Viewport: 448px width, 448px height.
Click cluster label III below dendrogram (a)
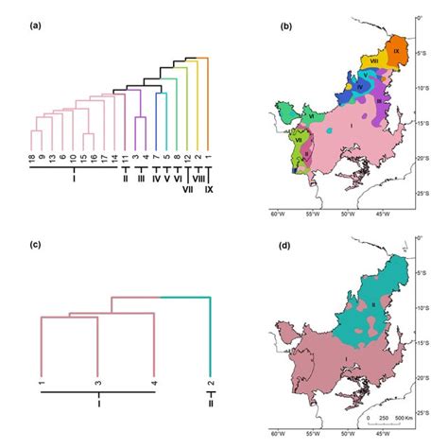[139, 178]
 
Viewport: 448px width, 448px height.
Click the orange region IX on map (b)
[397, 47]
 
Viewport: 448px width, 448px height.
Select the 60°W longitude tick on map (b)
[277, 215]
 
